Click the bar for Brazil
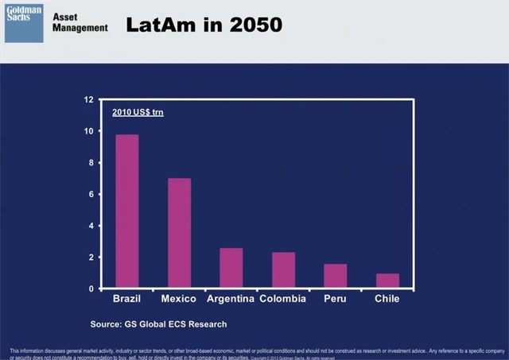click(x=127, y=211)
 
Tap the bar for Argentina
click(x=231, y=268)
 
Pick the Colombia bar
click(x=283, y=270)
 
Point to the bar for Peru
click(x=335, y=276)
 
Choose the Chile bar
click(x=387, y=281)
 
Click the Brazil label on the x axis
click(x=127, y=299)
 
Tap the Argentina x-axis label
click(x=231, y=299)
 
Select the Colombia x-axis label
click(x=283, y=299)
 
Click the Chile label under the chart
click(x=387, y=299)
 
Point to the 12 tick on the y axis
click(x=88, y=99)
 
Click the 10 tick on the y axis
click(x=88, y=131)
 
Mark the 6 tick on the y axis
click(x=90, y=194)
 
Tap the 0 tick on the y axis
click(x=90, y=288)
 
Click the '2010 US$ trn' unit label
click(x=138, y=112)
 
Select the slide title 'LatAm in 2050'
click(x=204, y=25)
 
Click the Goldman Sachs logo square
click(x=24, y=22)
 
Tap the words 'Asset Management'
click(x=80, y=22)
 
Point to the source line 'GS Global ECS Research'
click(x=158, y=323)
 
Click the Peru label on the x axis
click(x=335, y=299)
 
